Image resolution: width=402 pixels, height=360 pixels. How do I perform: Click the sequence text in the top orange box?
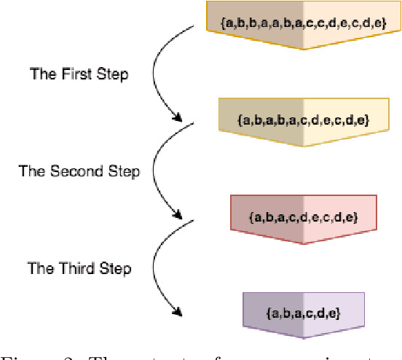304,23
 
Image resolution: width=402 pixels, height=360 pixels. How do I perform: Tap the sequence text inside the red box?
303,217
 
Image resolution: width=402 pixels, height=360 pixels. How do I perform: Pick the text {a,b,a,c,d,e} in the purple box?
303,313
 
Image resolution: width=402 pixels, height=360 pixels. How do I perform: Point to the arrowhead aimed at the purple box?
177,313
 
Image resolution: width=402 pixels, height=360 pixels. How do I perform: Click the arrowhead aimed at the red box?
177,216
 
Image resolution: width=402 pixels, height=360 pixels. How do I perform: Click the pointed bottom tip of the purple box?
303,338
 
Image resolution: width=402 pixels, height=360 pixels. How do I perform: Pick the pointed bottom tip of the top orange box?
303,50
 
